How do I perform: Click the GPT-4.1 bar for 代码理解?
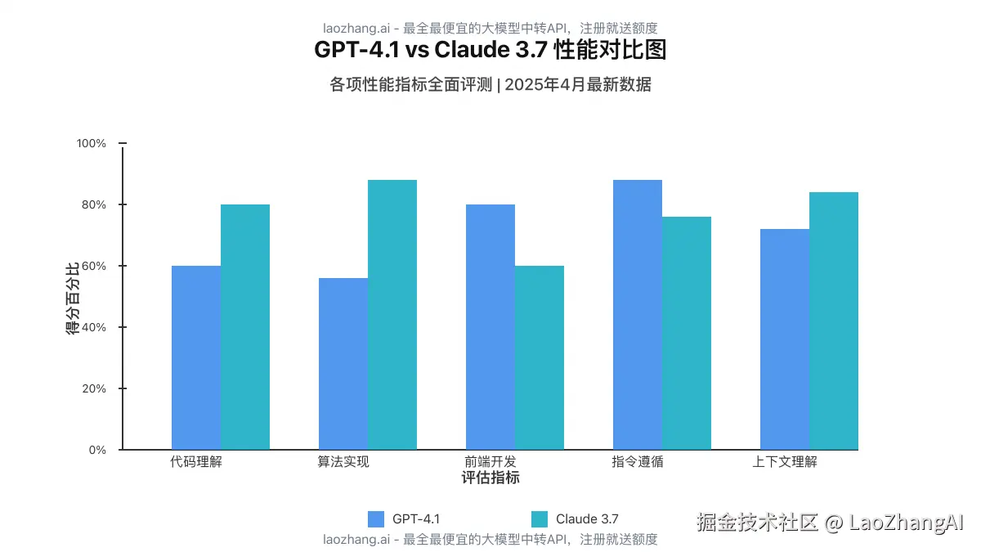pos(196,357)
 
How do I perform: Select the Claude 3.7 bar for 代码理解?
pos(245,327)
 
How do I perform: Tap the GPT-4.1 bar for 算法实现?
pos(343,364)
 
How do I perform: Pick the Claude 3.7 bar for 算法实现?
pos(392,315)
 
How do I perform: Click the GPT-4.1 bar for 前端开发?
pos(490,327)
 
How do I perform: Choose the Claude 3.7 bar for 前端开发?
pos(540,357)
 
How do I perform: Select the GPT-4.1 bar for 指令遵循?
pos(638,315)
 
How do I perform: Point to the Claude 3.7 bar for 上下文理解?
pos(834,321)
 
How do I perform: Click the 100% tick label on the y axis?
pos(92,143)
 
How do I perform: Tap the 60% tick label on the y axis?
pos(94,266)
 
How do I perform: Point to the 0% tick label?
pos(97,450)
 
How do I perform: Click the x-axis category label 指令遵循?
pos(638,461)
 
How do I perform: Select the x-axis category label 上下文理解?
pos(785,461)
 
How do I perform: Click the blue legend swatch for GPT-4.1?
pos(376,518)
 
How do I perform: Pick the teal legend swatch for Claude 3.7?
pos(540,518)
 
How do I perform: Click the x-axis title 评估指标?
pos(490,478)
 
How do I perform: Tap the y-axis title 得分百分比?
pos(73,298)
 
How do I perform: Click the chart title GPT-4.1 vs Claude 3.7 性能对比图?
pos(490,51)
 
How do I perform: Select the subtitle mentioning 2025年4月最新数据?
pos(490,84)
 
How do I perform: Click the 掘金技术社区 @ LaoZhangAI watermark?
pos(830,523)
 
